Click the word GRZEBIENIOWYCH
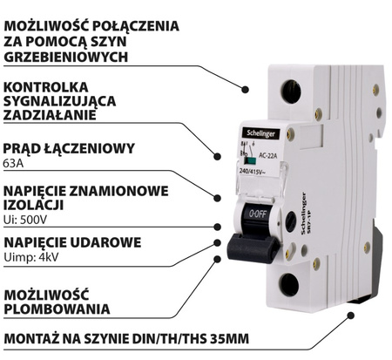coord(66,57)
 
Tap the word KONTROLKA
coord(45,87)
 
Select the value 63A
coord(13,163)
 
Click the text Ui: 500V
coord(25,220)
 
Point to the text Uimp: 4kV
coord(31,257)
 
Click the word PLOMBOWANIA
coord(57,309)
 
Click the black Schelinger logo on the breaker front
coord(260,133)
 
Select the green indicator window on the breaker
coord(250,160)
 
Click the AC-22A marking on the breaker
coord(267,156)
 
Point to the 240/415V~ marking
coord(252,172)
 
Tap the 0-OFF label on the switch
coord(258,214)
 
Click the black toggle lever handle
coord(253,248)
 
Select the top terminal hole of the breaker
coord(291,92)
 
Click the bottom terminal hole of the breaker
coord(289,284)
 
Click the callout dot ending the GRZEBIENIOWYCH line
coord(246,90)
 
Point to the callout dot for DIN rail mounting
coord(351,316)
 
